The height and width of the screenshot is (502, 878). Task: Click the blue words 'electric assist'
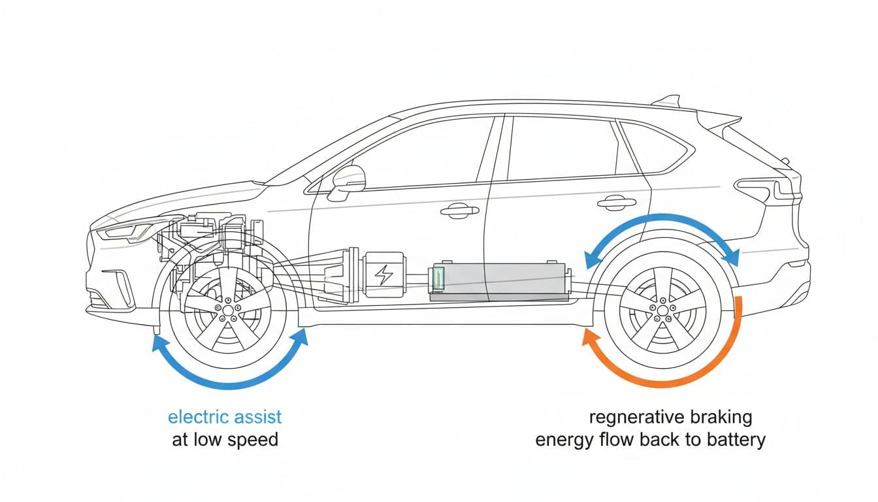click(225, 416)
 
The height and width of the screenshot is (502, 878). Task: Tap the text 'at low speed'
click(225, 439)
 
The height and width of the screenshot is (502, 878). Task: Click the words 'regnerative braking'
click(670, 417)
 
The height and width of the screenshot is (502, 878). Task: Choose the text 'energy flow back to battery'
click(650, 439)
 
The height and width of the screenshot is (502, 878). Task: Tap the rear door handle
click(616, 203)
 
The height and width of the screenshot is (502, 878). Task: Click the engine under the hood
click(209, 242)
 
